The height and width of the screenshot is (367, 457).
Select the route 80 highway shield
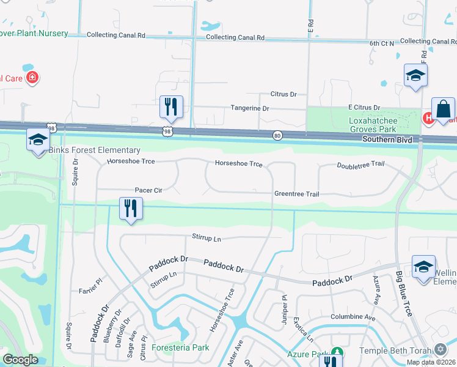pyautogui.click(x=277, y=136)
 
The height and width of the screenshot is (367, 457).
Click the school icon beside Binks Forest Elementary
pyautogui.click(x=38, y=140)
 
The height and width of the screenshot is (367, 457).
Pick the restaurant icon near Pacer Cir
pyautogui.click(x=130, y=208)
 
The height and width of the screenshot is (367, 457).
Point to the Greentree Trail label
pyautogui.click(x=296, y=194)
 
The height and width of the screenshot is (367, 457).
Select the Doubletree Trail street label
pyautogui.click(x=360, y=165)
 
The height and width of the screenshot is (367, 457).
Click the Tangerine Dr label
pyautogui.click(x=249, y=108)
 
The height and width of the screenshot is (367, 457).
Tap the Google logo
pyautogui.click(x=20, y=360)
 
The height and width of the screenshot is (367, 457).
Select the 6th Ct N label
pyautogui.click(x=382, y=44)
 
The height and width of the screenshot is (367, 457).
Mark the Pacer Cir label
pyautogui.click(x=148, y=191)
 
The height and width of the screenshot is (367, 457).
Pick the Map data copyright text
pyautogui.click(x=431, y=362)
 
